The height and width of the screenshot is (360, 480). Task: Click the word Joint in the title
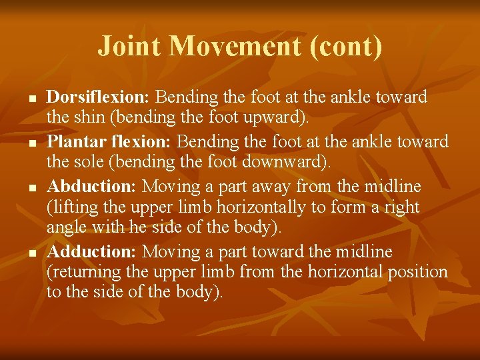131,47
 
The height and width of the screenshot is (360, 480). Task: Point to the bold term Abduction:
92,185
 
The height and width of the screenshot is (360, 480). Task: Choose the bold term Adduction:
92,251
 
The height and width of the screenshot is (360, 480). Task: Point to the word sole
85,163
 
